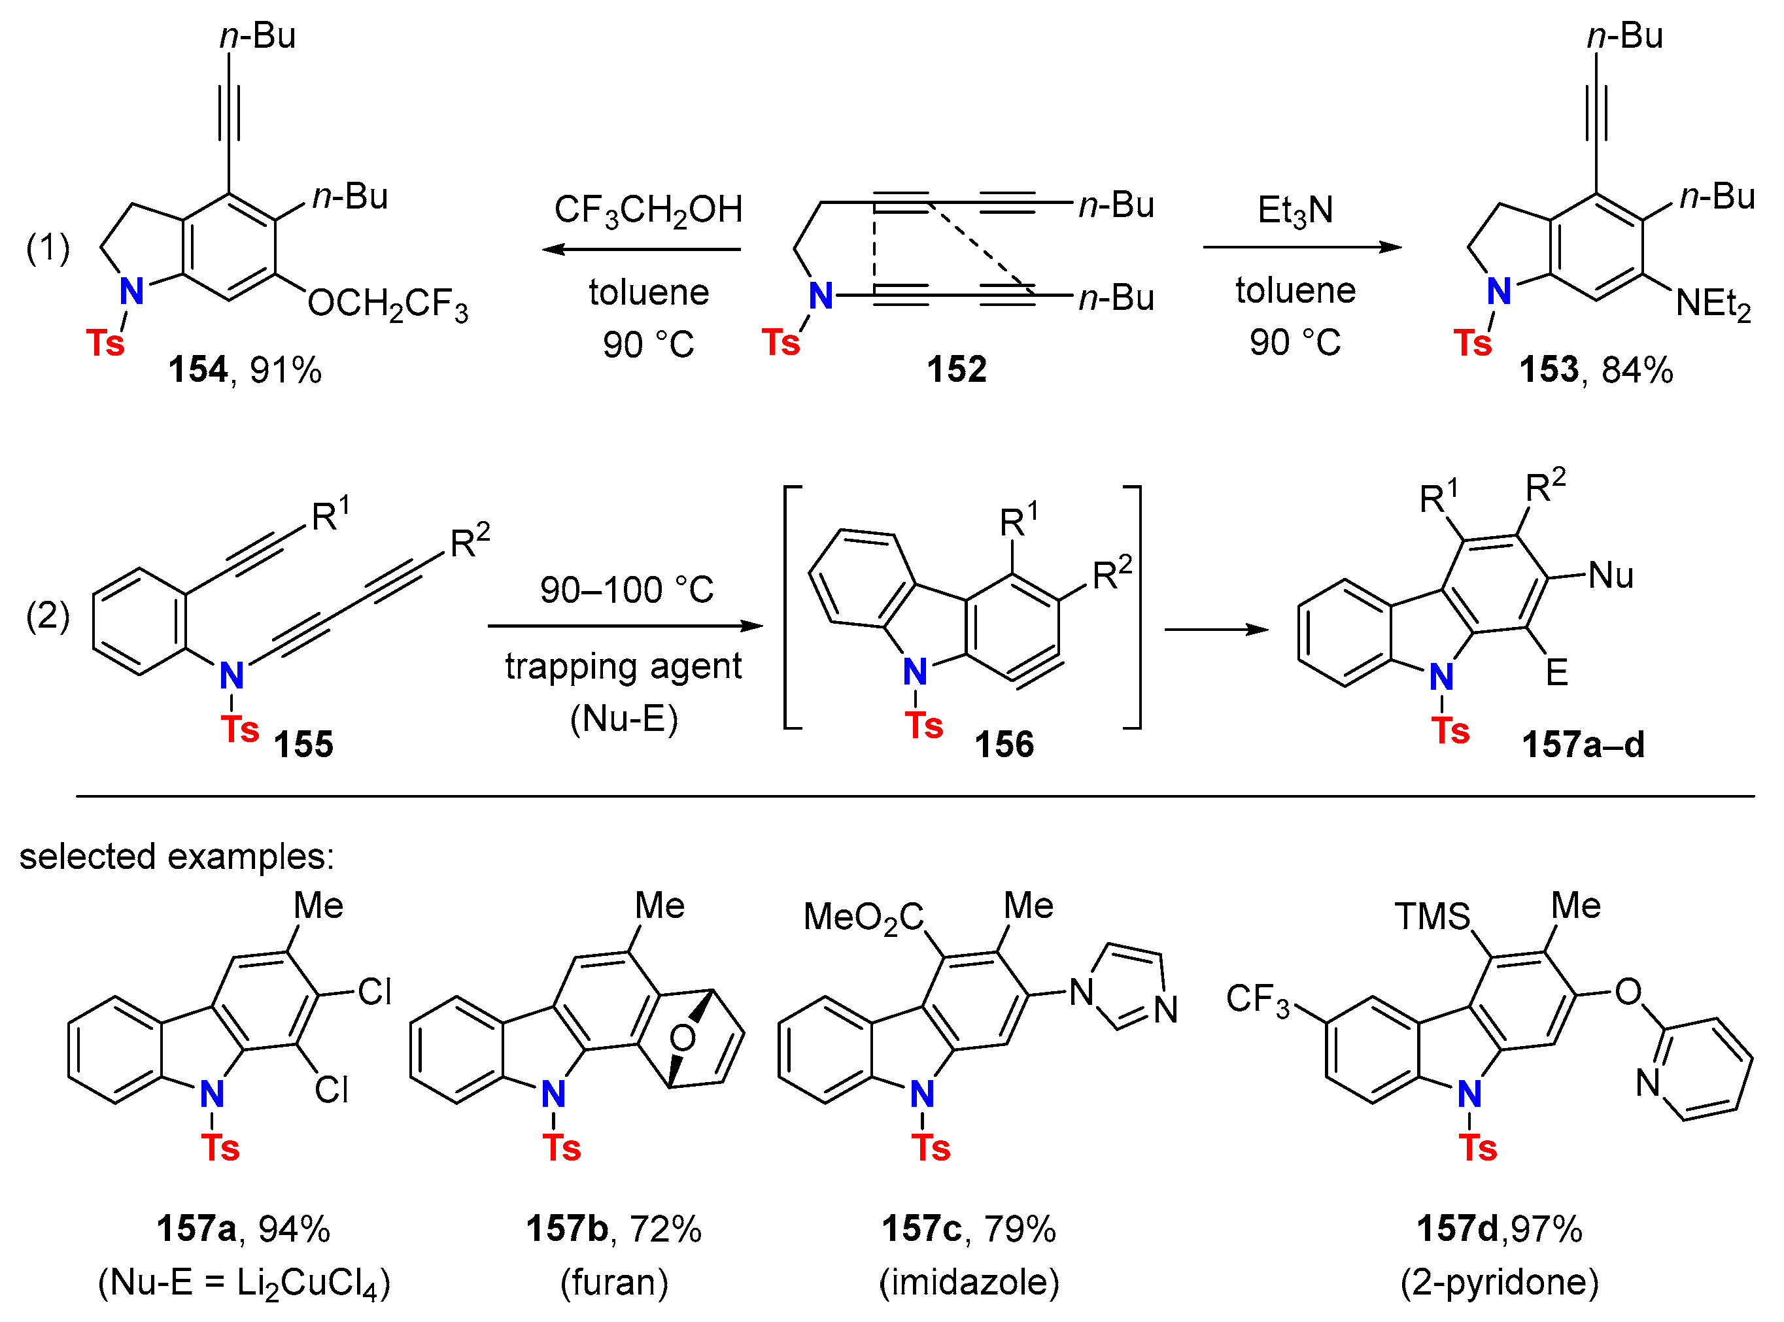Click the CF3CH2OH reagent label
click(x=648, y=211)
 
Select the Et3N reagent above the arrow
click(x=1294, y=211)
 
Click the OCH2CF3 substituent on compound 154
click(x=387, y=305)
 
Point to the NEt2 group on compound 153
click(x=1713, y=305)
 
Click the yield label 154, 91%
click(x=244, y=369)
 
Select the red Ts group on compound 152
click(x=780, y=343)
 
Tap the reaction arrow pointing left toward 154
click(x=640, y=249)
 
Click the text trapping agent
click(x=623, y=666)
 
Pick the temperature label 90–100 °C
click(x=626, y=590)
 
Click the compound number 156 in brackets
click(x=1004, y=744)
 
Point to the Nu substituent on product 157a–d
click(x=1609, y=575)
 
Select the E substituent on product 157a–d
click(x=1556, y=672)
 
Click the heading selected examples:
click(x=176, y=856)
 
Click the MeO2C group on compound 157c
click(x=863, y=917)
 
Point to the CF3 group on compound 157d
click(x=1258, y=1000)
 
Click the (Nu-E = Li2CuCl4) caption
click(x=244, y=1283)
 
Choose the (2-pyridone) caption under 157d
click(x=1499, y=1282)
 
